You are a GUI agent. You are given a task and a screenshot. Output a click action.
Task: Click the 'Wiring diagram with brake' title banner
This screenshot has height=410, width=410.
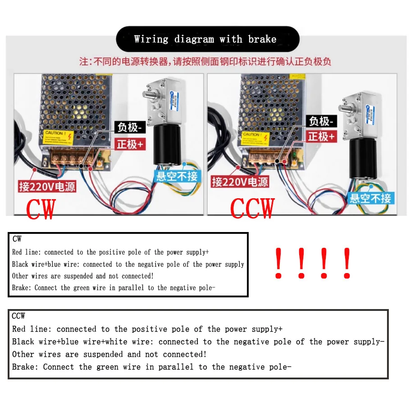(208, 39)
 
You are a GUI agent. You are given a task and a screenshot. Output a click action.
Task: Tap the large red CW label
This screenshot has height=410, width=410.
(41, 208)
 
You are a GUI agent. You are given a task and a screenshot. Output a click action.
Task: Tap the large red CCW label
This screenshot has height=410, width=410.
(252, 208)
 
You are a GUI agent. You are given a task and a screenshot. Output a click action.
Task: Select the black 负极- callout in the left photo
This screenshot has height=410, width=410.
(129, 128)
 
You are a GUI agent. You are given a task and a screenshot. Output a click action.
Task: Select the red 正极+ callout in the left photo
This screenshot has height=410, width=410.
(130, 144)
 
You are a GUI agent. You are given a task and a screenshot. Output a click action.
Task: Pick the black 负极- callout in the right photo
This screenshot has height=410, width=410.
(321, 121)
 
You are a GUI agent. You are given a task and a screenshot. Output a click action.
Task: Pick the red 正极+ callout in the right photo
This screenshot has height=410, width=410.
(321, 136)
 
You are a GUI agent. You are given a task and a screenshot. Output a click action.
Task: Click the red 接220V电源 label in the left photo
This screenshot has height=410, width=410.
(47, 186)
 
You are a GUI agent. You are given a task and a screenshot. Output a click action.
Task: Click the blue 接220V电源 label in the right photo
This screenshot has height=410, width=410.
(240, 182)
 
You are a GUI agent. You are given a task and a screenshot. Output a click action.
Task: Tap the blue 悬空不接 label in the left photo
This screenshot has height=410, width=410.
(176, 176)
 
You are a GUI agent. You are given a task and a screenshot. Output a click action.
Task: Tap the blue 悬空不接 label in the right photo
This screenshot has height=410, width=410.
(371, 198)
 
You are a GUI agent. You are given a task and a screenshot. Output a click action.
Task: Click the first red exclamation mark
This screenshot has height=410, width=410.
(279, 263)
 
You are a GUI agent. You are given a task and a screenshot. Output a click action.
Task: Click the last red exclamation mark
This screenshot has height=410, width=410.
(346, 263)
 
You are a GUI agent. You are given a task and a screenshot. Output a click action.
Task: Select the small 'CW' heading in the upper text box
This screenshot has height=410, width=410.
(17, 239)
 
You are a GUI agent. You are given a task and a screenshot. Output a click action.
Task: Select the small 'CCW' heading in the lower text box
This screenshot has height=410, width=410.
(18, 316)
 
